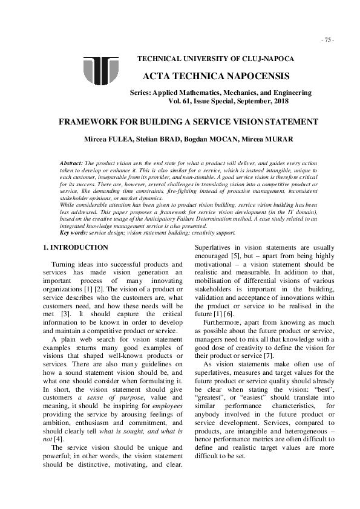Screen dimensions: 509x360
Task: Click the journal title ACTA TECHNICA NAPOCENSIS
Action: pyautogui.click(x=216, y=77)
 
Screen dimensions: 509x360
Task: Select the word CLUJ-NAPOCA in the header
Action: pyautogui.click(x=271, y=59)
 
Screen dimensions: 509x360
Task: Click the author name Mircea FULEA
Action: pyautogui.click(x=122, y=140)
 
